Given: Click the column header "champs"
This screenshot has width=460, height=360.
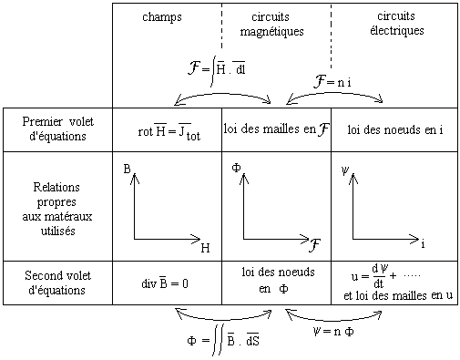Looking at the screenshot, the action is point(162,17).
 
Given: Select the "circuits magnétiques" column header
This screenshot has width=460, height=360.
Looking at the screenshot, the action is point(271,25).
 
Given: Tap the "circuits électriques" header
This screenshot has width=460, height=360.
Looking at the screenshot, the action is point(396,24).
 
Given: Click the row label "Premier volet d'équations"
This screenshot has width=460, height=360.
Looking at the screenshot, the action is point(57,129).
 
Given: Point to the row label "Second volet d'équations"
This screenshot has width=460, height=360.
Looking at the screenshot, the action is point(57,283).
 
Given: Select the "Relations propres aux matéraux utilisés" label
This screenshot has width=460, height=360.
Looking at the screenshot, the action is point(57,209).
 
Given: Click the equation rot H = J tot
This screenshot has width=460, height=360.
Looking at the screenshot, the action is point(169,132).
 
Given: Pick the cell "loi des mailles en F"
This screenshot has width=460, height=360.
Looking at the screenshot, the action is point(277,129).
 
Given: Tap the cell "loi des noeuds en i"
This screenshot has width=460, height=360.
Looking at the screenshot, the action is point(395,129).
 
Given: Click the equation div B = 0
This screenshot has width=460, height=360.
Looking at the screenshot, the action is point(165,283).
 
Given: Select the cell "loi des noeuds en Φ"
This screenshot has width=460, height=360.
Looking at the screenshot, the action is point(278,280).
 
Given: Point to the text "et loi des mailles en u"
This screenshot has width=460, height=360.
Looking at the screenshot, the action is point(398,295).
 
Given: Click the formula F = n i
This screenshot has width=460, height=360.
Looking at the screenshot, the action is point(332,81).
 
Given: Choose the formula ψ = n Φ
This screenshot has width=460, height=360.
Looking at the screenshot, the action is point(333,331).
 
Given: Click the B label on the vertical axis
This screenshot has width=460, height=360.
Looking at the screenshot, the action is point(127,169).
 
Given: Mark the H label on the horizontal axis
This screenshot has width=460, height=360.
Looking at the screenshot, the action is point(205,248).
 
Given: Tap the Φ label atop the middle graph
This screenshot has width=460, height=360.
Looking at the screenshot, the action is point(236,168).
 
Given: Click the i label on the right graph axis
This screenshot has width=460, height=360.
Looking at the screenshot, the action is point(423,243).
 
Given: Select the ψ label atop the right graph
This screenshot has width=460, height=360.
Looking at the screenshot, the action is point(345,170).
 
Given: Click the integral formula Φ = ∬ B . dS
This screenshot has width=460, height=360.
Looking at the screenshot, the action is point(223,341).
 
